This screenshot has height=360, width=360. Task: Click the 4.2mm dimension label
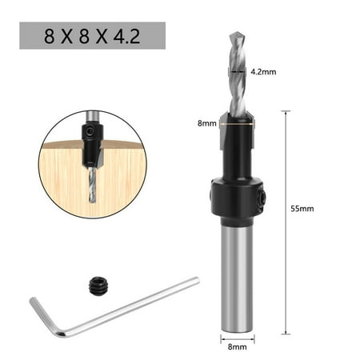point(263,72)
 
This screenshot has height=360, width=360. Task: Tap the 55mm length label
point(302,209)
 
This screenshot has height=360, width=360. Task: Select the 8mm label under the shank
point(238,346)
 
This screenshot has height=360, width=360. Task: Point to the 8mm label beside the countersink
point(207,123)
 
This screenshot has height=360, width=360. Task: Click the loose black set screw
point(99,286)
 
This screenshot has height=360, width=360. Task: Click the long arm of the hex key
point(130,306)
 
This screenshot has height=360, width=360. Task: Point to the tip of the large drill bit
point(238,33)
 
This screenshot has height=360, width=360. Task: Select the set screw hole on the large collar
point(262,198)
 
